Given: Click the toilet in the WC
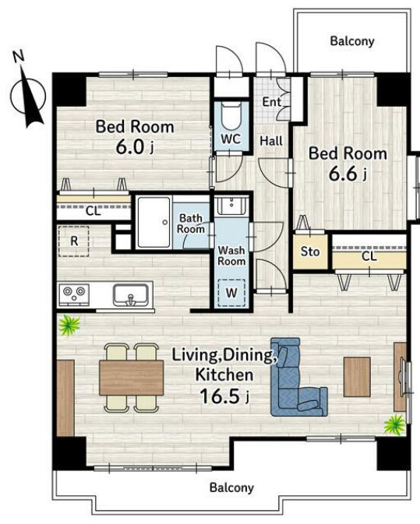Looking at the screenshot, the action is click(230, 116).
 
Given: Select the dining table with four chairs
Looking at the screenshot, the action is click(132, 378).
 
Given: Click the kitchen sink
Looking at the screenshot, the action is click(131, 295).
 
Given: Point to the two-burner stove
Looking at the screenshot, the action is click(74, 294).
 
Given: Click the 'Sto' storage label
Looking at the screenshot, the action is click(310, 251).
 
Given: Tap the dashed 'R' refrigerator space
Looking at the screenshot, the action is click(74, 241).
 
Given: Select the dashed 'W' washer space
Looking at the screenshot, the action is click(231, 293).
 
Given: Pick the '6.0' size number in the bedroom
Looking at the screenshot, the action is click(130, 147).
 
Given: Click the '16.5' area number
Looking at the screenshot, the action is click(220, 396).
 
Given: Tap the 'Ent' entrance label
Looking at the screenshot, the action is click(271, 101).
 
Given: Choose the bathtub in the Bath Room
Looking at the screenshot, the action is click(154, 222).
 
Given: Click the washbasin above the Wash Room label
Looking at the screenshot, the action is click(231, 206).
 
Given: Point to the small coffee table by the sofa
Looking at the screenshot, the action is click(357, 377).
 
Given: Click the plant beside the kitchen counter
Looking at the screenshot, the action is click(69, 325).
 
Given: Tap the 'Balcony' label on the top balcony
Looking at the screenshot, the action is click(352, 41).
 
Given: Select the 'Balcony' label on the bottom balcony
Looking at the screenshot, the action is click(231, 487).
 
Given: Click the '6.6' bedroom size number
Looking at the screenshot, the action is click(343, 174).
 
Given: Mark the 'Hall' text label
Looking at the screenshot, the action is click(271, 141).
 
